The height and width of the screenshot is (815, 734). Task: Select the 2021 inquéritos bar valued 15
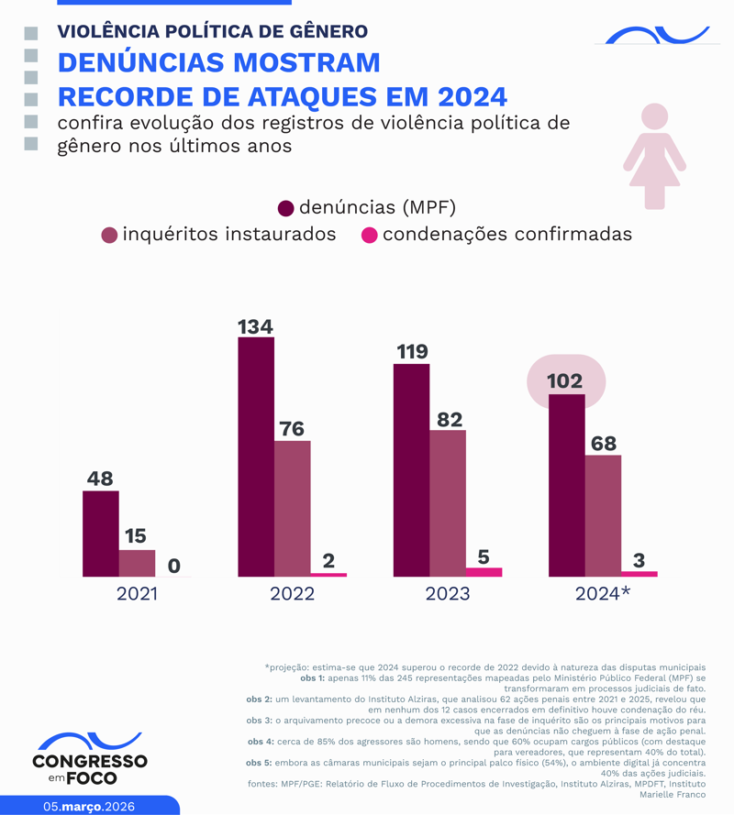tap(137, 563)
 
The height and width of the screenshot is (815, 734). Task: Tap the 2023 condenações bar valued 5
tap(484, 572)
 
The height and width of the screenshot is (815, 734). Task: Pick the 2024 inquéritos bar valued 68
tap(603, 515)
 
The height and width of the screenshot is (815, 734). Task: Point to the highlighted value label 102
tap(566, 380)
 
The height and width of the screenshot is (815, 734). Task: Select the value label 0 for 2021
tap(173, 566)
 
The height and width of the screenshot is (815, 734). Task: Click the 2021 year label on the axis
tap(137, 594)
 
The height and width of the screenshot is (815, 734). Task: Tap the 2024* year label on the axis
tap(603, 594)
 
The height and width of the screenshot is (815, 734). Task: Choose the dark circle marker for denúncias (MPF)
tap(285, 208)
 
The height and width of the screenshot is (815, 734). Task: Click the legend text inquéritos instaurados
tap(228, 235)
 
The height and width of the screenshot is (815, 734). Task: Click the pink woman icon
tap(654, 156)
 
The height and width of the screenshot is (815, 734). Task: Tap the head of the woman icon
tap(654, 116)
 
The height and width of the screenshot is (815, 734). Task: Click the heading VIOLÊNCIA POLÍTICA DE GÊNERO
tap(212, 31)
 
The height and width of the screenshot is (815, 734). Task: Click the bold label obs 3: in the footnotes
tap(261, 721)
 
